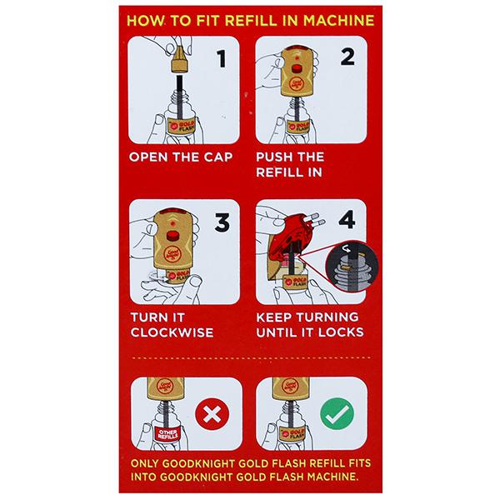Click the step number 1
coord(222,58)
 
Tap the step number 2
coord(347,57)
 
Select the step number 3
coord(222,222)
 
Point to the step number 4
coord(347,220)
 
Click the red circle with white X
coord(212,414)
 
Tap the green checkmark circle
coord(337,414)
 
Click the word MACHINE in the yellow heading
coord(339,21)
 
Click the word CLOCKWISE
coord(172,332)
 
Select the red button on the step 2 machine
coord(297,69)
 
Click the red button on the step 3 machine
coord(172,235)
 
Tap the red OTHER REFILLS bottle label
coord(167,434)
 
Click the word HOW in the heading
coord(146,21)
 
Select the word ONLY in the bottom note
coord(144,463)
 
